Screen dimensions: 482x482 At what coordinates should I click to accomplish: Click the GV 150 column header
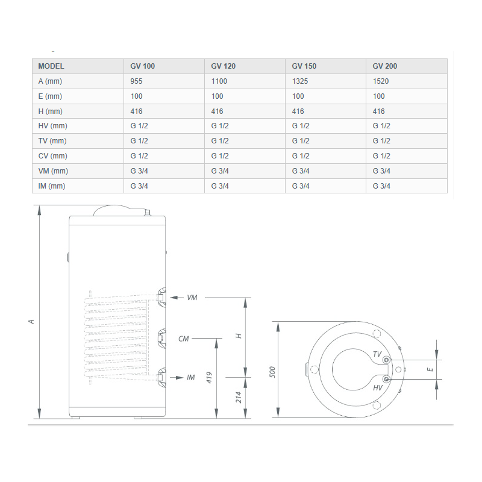(x=304, y=66)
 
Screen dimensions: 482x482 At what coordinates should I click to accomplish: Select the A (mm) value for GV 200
(x=381, y=81)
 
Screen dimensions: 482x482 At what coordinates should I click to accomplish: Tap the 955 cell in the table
(x=136, y=81)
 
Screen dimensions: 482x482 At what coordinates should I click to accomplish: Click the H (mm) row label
(x=50, y=111)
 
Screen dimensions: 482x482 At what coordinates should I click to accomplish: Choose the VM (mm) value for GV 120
(x=220, y=171)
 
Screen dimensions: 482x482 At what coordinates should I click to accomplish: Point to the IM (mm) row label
(x=52, y=186)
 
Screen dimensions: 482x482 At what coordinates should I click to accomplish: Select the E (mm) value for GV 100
(x=136, y=96)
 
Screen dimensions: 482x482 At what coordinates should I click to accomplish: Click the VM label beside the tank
(x=192, y=298)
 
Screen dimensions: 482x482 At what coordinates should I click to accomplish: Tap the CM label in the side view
(x=184, y=339)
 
